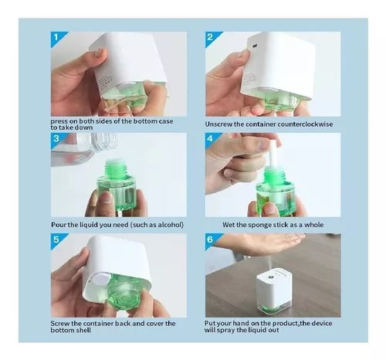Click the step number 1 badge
tap(57, 38)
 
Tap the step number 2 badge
tap(212, 38)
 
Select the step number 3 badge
tap(57, 139)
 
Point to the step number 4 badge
tap(212, 139)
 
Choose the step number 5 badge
tap(57, 240)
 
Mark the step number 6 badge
tap(212, 240)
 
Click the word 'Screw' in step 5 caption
tap(60, 324)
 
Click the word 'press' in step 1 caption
tap(59, 121)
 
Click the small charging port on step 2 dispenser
tap(255, 46)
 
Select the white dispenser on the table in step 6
tap(274, 292)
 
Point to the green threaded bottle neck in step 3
tap(115, 168)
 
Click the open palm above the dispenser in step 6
tap(260, 243)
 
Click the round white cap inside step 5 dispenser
tap(99, 280)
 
